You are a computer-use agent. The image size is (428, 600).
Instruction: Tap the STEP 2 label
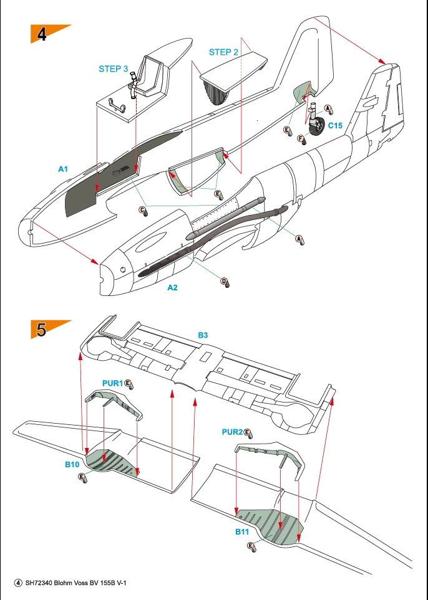[223, 52]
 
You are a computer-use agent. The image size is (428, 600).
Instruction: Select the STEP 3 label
[114, 69]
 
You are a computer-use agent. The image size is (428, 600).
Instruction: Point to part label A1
[63, 169]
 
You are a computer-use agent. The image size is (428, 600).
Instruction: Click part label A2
[173, 288]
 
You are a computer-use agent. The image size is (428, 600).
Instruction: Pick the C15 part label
[335, 125]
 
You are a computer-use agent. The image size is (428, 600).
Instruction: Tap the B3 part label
[203, 335]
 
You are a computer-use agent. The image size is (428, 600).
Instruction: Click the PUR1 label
[112, 382]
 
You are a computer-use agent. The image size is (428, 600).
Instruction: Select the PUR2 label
[231, 432]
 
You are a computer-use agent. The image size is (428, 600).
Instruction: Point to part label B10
[72, 464]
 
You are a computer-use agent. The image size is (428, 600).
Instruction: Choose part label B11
[242, 532]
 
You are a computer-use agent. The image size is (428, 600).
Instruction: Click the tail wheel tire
[319, 126]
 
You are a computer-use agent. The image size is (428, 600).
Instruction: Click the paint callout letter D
[224, 282]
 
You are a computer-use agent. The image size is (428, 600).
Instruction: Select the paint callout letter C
[143, 209]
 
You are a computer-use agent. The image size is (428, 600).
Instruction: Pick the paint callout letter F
[300, 138]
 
